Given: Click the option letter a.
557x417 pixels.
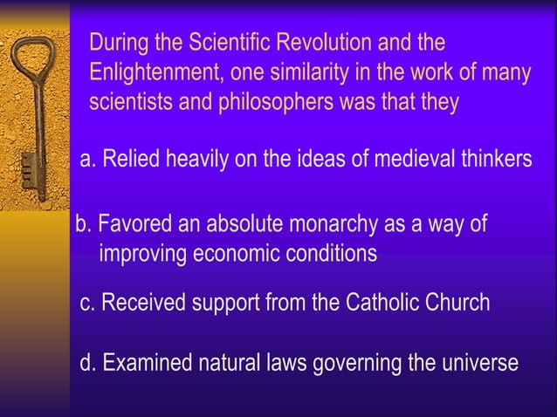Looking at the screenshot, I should [x=86, y=160].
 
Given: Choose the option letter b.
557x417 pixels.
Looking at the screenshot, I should [x=83, y=224].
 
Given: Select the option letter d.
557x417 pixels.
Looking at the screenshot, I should [x=86, y=363].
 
